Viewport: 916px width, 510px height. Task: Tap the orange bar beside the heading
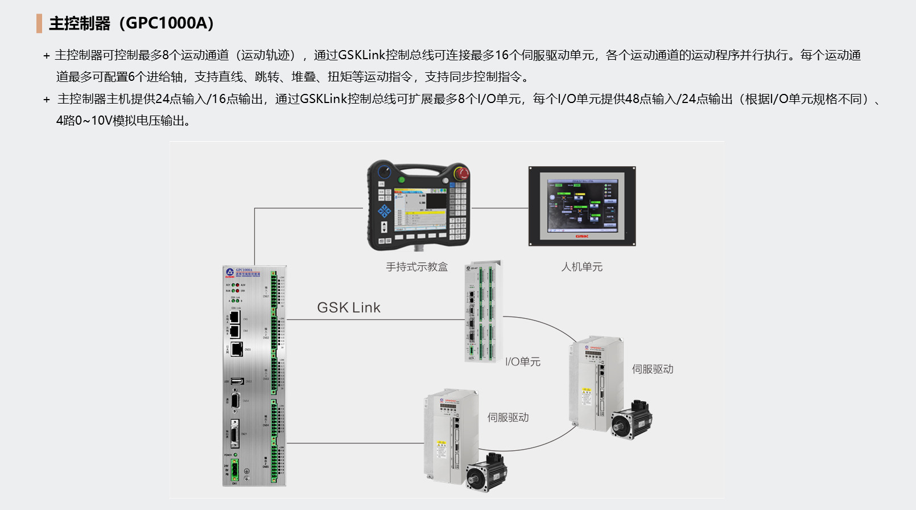(x=39, y=23)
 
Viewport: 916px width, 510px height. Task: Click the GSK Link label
(x=348, y=308)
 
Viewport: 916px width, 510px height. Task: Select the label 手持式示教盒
(x=416, y=267)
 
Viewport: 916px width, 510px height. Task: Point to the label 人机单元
(x=581, y=267)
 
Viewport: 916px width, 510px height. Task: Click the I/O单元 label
(x=523, y=362)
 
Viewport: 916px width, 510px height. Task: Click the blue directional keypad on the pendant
(x=385, y=211)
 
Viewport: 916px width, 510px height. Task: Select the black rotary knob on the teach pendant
(x=385, y=171)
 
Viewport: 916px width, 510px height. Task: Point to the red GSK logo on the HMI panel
(x=581, y=236)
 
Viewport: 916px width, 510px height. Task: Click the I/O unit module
(x=483, y=312)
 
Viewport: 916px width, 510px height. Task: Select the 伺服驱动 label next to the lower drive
(x=508, y=418)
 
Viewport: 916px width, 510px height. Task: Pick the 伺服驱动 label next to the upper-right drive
(x=653, y=369)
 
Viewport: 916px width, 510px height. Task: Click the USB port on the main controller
(x=237, y=381)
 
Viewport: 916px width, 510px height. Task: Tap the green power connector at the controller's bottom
(x=234, y=470)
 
